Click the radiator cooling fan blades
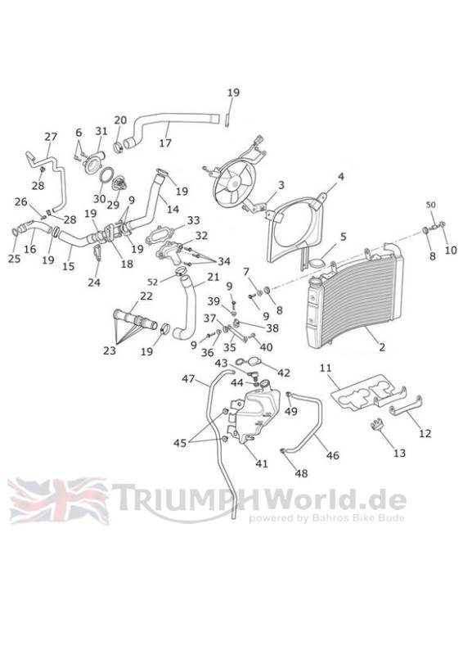(x=234, y=183)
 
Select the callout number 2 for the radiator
(x=382, y=346)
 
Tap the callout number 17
(x=165, y=142)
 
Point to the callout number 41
(x=261, y=463)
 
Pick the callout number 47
(x=188, y=379)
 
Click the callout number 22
(x=146, y=296)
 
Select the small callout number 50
(x=430, y=205)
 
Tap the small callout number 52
(x=153, y=282)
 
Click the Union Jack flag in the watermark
(x=58, y=501)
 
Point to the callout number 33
(x=193, y=220)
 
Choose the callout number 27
(x=51, y=137)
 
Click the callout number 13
(x=399, y=453)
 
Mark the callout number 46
(x=333, y=455)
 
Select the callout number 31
(x=101, y=131)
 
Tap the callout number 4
(x=340, y=176)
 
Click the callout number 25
(x=14, y=259)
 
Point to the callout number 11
(x=326, y=368)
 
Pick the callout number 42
(x=284, y=373)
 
